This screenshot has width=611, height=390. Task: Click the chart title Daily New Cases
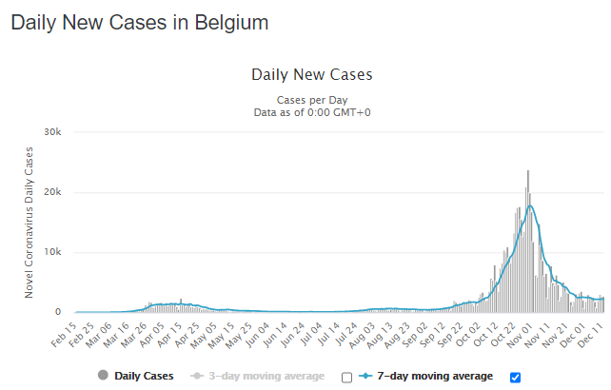(311, 74)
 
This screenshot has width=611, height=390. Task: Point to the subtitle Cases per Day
(311, 99)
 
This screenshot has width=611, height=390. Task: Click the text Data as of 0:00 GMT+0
(311, 111)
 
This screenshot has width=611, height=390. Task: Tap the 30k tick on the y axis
(52, 131)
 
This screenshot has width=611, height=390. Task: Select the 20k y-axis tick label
(52, 192)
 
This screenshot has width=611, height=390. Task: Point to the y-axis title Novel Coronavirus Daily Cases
(30, 222)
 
